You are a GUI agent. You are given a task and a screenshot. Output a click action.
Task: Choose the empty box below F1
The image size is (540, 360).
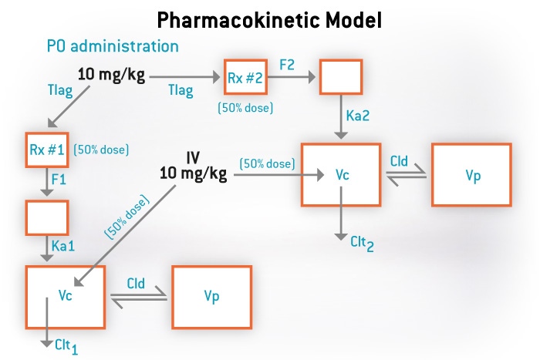click(47, 217)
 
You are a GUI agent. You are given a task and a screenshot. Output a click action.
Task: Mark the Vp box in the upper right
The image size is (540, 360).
click(471, 174)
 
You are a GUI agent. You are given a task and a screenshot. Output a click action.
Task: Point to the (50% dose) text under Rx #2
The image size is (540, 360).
click(245, 108)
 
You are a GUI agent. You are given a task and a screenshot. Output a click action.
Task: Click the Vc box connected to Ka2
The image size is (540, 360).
click(342, 174)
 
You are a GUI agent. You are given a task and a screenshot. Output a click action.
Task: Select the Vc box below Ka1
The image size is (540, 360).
click(65, 296)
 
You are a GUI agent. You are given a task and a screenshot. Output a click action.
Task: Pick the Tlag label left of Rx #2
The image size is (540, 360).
click(181, 92)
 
